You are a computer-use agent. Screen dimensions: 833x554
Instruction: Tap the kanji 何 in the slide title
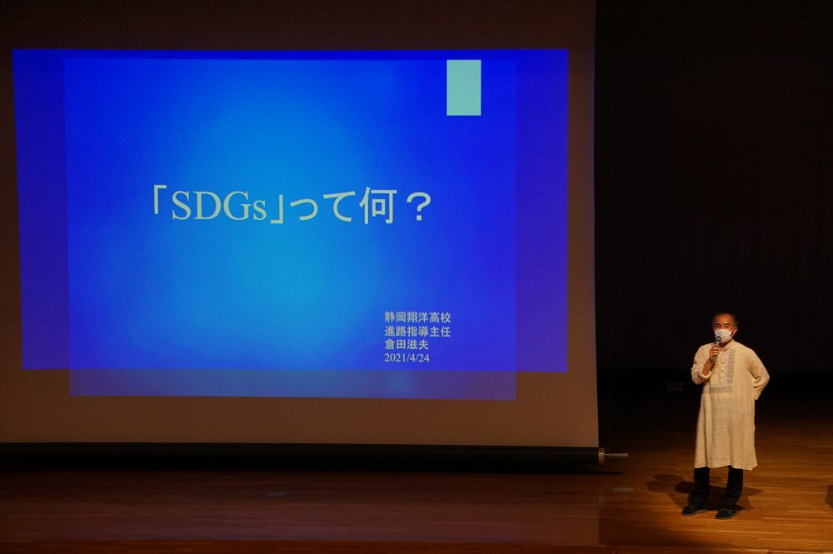377,206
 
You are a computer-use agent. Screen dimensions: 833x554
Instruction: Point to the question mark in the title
417,207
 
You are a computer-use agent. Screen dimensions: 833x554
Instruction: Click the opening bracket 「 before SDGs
158,202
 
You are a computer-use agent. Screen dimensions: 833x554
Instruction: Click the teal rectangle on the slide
464,87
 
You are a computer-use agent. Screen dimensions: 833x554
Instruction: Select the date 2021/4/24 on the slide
407,358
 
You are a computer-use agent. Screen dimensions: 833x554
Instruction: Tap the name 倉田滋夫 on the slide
407,345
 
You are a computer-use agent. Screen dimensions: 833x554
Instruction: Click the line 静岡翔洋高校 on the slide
418,317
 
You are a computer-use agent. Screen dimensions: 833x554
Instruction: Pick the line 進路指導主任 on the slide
418,332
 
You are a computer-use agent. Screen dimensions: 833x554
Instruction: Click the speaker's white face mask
722,335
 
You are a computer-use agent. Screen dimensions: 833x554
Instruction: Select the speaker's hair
725,317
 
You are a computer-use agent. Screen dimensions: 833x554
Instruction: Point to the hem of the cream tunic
725,466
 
